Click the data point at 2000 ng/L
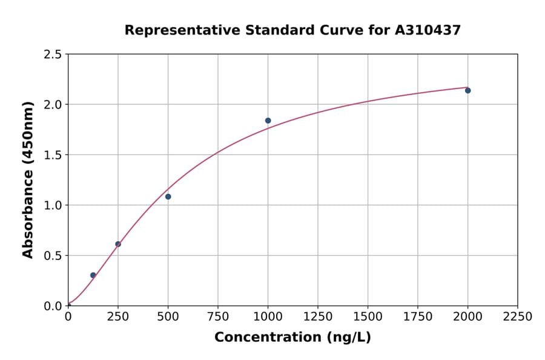click(467, 90)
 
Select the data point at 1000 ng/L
click(268, 121)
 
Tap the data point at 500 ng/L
click(168, 196)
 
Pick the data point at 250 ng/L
click(118, 244)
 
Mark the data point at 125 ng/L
click(93, 275)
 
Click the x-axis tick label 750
click(218, 317)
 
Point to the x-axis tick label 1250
click(318, 317)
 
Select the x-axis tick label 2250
click(518, 317)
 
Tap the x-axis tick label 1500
click(368, 317)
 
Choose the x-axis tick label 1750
click(418, 317)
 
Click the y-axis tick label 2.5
click(52, 55)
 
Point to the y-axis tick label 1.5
click(52, 155)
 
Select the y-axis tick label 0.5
click(52, 256)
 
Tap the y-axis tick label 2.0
click(52, 105)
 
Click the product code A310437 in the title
click(428, 30)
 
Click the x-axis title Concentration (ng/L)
click(292, 338)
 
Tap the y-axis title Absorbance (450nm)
click(28, 180)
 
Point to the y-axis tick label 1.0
click(52, 205)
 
